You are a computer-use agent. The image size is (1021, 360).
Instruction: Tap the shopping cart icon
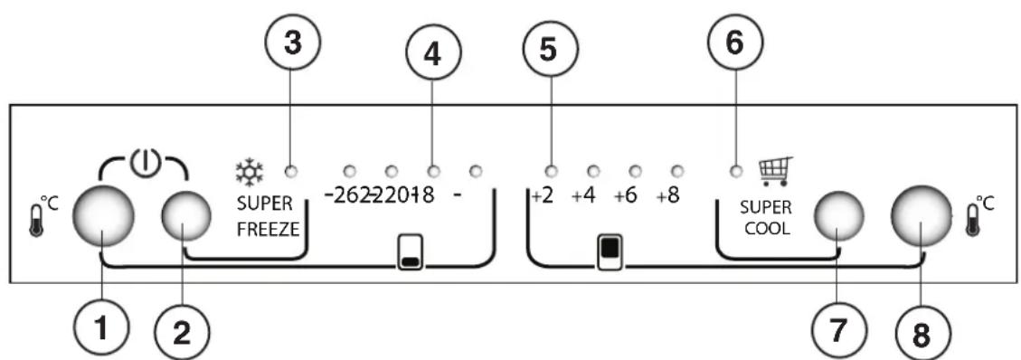773,170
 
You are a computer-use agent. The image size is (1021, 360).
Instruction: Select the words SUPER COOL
765,218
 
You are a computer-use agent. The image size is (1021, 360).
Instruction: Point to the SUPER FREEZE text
268,218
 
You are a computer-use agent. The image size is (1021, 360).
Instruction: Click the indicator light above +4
593,170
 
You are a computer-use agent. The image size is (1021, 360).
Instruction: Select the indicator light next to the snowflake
291,170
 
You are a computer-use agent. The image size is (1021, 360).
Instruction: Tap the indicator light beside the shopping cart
734,170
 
